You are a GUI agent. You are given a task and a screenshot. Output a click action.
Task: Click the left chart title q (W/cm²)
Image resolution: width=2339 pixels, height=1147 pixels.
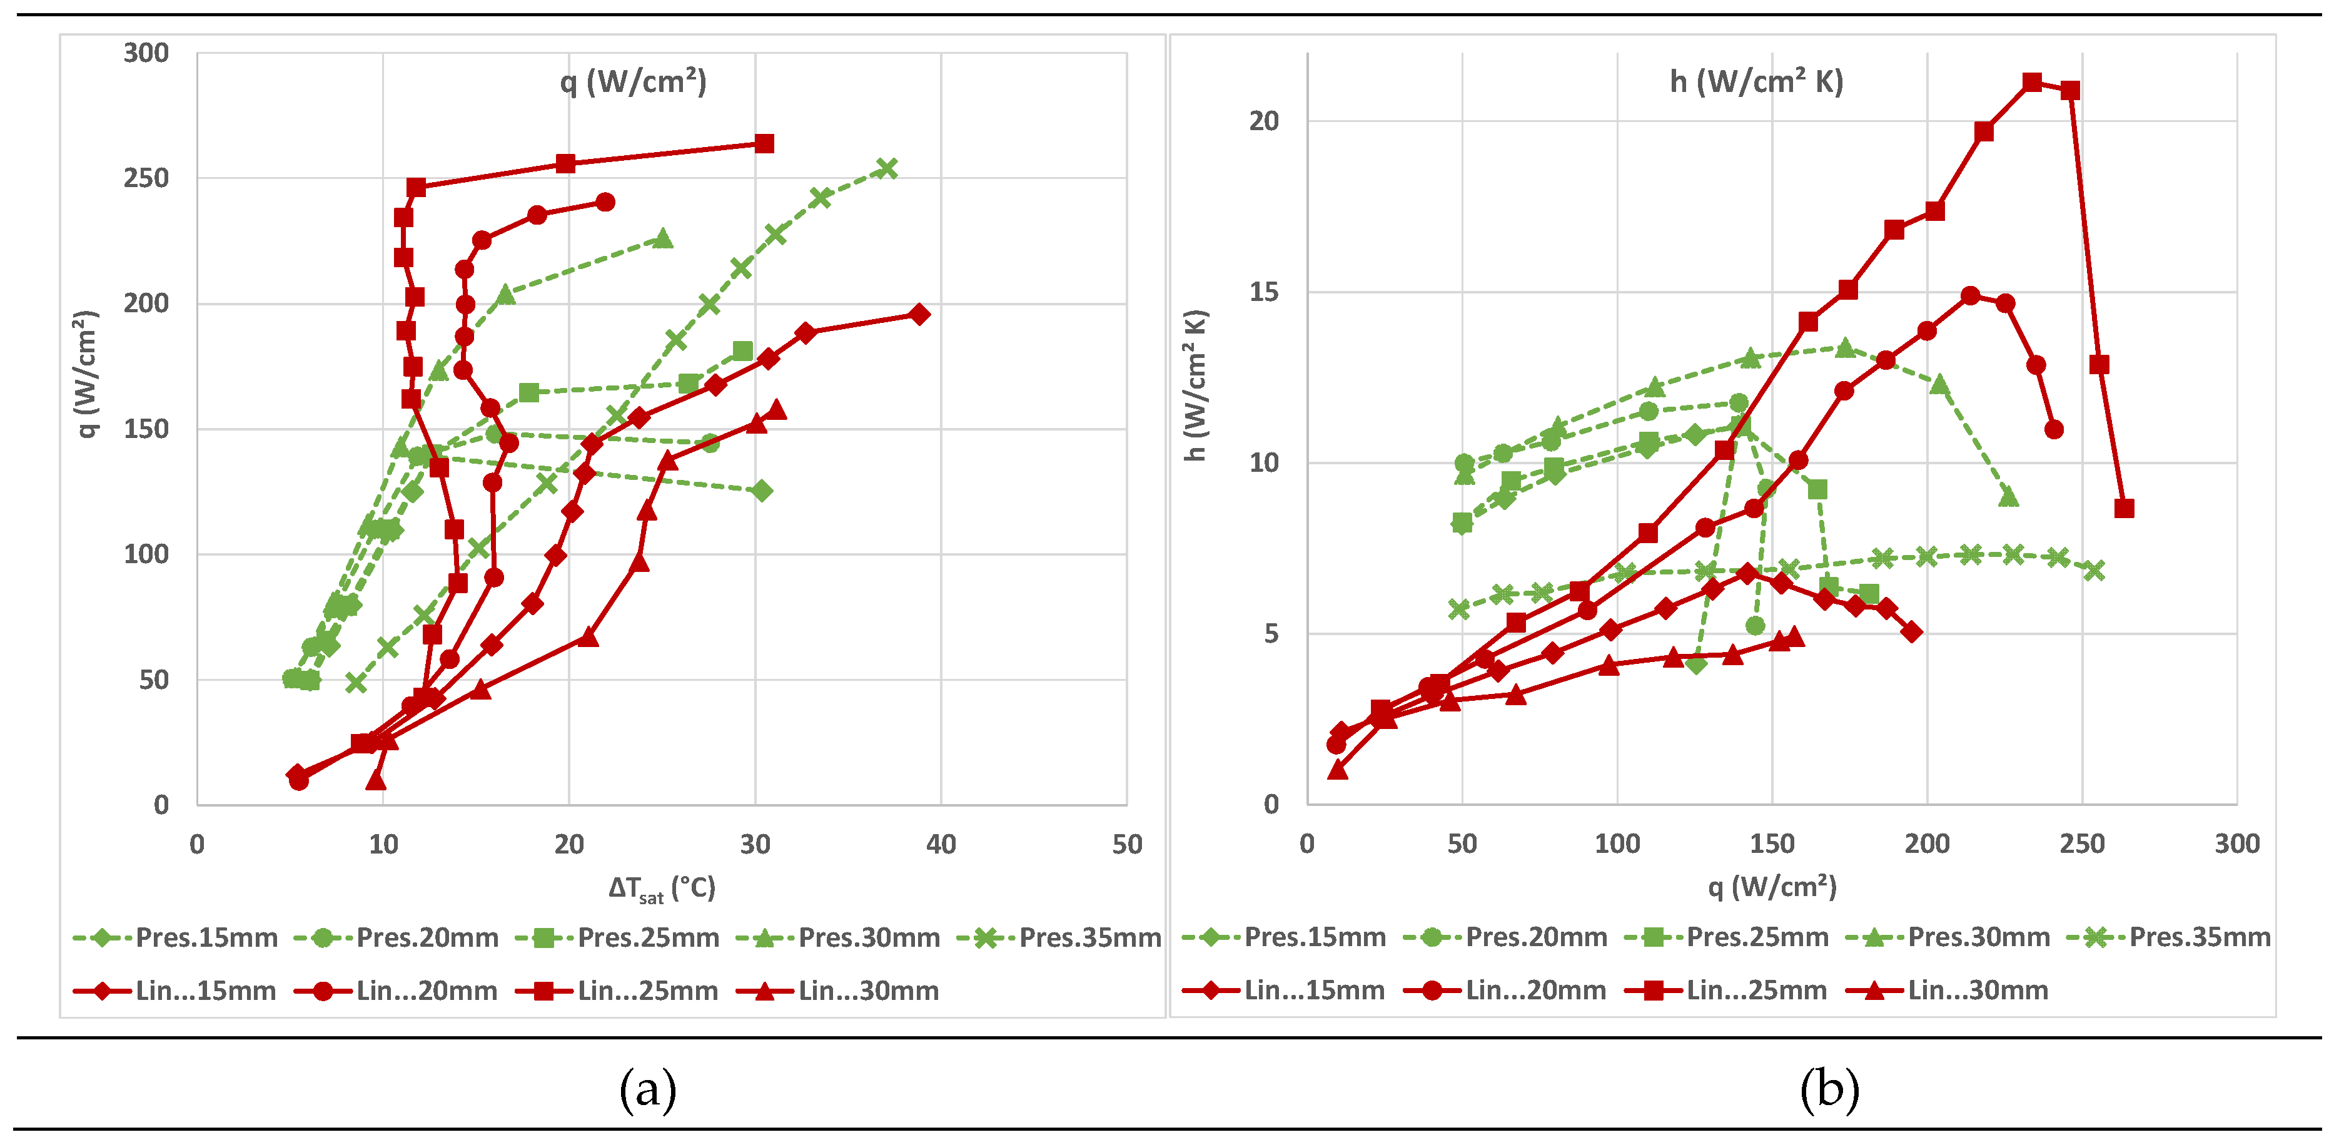click(633, 82)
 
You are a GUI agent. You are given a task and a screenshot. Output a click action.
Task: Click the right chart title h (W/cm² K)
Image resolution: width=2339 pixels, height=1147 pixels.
click(1756, 82)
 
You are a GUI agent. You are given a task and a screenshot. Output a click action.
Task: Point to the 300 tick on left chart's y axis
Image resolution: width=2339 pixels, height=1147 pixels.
click(146, 53)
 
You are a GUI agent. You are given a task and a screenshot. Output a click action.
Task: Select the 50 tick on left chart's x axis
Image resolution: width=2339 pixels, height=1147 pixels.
click(1127, 845)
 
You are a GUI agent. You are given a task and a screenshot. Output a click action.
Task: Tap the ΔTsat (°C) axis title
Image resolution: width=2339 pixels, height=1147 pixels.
click(662, 888)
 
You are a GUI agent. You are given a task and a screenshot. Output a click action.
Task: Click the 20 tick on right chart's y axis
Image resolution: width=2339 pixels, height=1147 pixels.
click(1263, 121)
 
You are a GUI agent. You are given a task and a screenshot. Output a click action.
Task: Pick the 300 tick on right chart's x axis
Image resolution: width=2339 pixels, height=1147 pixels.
click(2236, 845)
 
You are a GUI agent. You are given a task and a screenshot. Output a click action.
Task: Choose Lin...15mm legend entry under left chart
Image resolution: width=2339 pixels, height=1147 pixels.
click(174, 990)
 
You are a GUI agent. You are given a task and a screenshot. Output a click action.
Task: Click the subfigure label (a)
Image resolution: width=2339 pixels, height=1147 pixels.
click(647, 1088)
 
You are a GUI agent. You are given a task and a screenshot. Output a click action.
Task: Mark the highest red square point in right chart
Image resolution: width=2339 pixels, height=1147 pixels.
click(2032, 83)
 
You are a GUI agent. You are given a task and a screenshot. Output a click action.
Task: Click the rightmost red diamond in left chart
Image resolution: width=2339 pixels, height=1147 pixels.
click(919, 314)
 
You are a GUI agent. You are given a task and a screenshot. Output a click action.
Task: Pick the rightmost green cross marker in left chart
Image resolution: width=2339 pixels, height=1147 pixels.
click(887, 169)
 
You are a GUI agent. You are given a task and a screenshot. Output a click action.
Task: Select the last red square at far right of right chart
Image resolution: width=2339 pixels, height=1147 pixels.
click(2124, 509)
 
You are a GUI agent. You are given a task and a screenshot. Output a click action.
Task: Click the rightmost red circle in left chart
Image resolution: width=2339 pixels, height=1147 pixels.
click(605, 201)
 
